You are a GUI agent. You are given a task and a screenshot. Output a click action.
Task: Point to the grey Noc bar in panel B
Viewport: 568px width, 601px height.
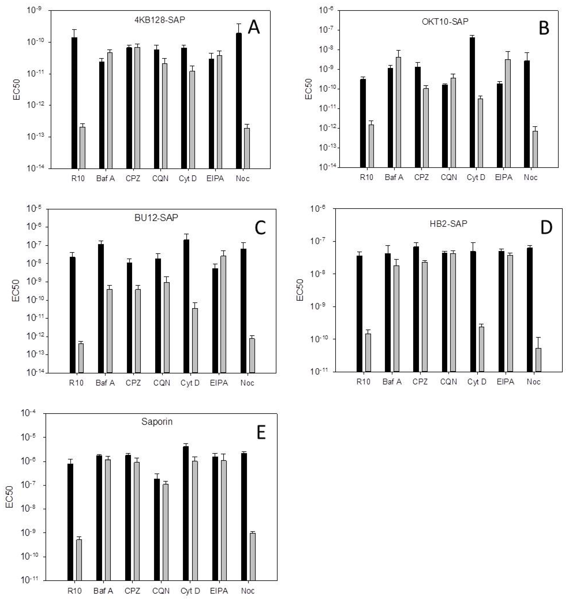535,149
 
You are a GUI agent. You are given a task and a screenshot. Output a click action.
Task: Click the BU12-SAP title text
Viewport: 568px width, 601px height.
156,218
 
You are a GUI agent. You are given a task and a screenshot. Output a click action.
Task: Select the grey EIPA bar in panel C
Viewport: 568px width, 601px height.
223,314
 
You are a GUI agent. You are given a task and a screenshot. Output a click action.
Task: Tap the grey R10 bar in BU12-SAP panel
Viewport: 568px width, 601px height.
81,358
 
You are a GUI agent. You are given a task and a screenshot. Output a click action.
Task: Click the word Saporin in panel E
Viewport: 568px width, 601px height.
157,421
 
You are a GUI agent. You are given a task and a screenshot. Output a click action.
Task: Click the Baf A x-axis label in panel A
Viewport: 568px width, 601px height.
105,178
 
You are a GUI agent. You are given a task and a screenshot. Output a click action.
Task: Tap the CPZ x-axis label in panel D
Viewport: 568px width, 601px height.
420,382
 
